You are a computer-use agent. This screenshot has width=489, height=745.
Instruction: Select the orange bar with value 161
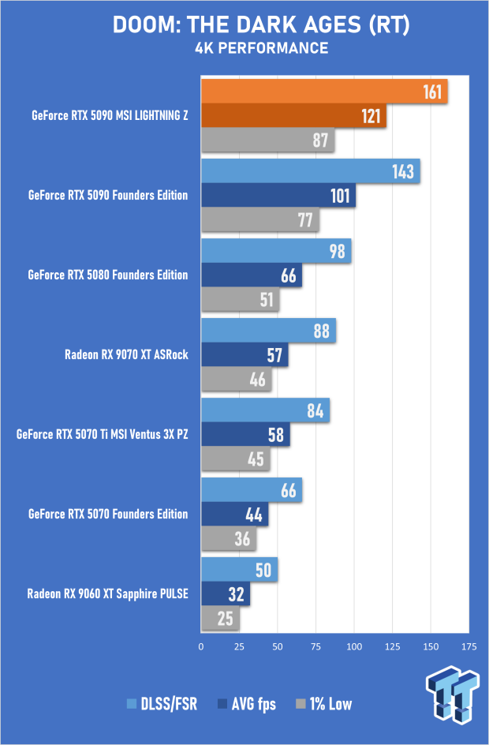tap(323, 92)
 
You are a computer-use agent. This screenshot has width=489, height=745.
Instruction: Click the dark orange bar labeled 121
tap(293, 118)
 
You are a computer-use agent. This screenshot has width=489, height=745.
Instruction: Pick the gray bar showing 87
tap(268, 141)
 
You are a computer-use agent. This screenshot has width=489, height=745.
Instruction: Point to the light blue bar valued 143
tap(310, 171)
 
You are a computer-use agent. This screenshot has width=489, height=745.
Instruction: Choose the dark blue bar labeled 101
tap(278, 196)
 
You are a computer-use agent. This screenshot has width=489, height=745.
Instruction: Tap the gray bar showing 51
tap(240, 300)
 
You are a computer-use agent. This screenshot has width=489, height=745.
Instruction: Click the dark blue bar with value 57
tap(244, 355)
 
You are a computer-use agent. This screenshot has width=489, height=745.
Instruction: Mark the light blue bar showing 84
tap(265, 410)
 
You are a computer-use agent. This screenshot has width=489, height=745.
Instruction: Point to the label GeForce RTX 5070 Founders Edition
tap(108, 514)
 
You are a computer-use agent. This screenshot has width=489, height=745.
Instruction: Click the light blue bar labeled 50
tap(239, 570)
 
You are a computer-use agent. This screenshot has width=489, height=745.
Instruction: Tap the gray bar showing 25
tap(220, 618)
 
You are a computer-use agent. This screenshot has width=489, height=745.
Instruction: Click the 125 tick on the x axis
tap(392, 647)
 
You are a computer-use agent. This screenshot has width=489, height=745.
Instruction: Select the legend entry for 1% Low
tap(323, 704)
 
